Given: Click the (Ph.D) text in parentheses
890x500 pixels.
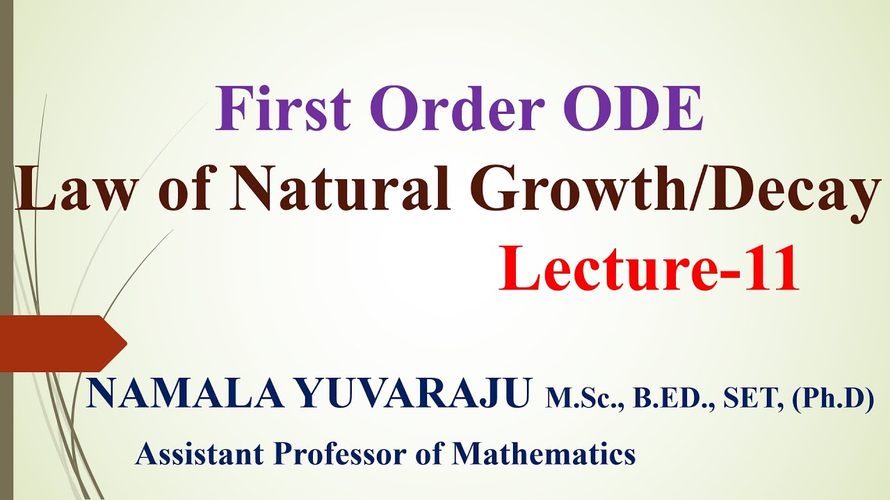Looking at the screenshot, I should (832, 399).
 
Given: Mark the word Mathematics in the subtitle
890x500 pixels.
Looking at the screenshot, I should (544, 454).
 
